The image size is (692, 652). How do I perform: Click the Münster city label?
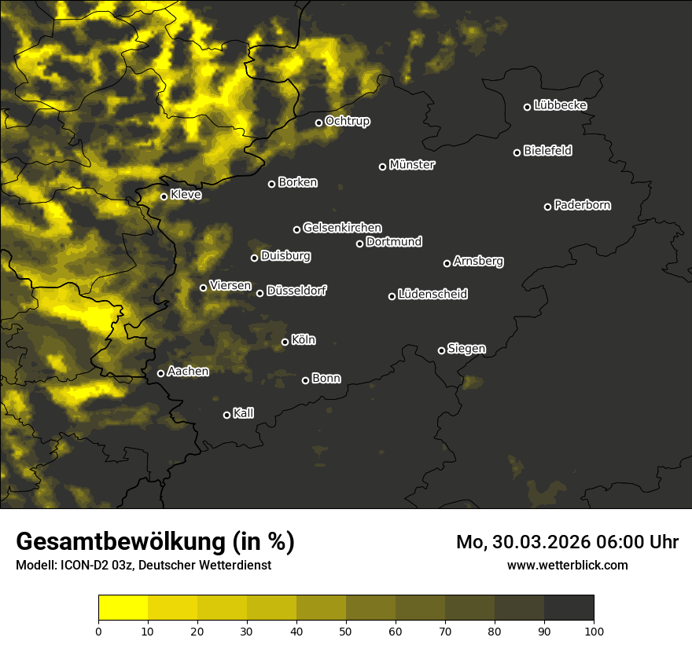click(x=412, y=165)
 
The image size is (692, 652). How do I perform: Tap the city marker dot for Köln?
click(x=285, y=342)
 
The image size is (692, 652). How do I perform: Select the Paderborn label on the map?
click(x=583, y=205)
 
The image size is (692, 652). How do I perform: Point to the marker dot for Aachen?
click(x=160, y=373)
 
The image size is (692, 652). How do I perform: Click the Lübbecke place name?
click(x=560, y=105)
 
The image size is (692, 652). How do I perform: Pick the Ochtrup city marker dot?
click(x=318, y=123)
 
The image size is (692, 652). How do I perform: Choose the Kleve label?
click(x=186, y=195)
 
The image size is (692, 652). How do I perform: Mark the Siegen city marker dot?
click(x=441, y=350)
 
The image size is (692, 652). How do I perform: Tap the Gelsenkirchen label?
click(x=342, y=228)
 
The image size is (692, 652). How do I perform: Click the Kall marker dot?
click(x=226, y=415)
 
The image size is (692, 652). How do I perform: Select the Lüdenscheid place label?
click(x=432, y=295)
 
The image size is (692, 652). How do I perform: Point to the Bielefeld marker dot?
click(x=517, y=152)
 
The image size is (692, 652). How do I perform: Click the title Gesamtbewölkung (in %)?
click(x=155, y=542)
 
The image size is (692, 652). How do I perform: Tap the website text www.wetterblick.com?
click(x=567, y=565)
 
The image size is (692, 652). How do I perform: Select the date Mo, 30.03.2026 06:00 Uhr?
click(x=567, y=542)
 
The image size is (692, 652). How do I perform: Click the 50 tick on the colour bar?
click(x=346, y=630)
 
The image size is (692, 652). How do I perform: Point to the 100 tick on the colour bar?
click(x=594, y=630)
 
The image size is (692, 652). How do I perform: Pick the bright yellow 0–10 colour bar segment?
click(x=123, y=607)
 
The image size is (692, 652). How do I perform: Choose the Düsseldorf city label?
click(x=296, y=291)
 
